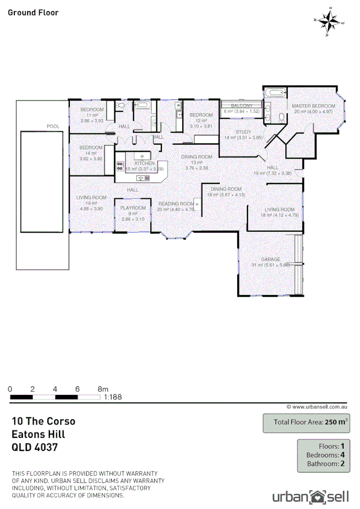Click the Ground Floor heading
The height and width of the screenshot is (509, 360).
pos(33,12)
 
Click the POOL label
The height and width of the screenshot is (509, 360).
pos(53,126)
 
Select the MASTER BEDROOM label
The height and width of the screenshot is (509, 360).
pos(313,106)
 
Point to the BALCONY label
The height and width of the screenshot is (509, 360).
pos(242,105)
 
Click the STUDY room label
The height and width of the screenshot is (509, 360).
pos(243,132)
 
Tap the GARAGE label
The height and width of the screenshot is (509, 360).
pos(271,259)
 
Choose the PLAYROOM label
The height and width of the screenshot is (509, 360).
pos(133,208)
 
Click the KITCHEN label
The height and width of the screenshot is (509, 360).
pos(144,163)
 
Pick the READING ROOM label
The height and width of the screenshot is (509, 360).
pos(176,204)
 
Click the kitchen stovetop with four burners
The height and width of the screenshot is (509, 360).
pos(121,165)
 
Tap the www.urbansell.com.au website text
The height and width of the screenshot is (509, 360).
pos(317,407)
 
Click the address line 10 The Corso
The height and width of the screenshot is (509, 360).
pos(44,421)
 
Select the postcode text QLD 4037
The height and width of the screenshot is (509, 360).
pos(35,448)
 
